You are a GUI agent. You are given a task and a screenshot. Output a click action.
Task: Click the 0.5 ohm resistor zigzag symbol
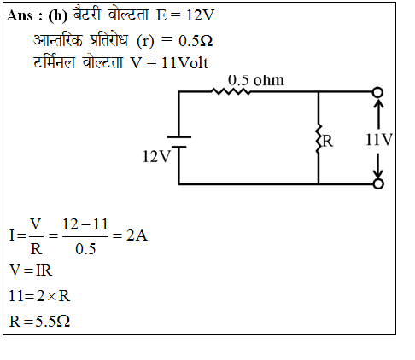[x=231, y=91]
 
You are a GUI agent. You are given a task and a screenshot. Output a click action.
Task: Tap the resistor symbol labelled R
[x=319, y=139]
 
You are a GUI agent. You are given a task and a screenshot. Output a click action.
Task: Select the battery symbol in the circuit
[x=178, y=142]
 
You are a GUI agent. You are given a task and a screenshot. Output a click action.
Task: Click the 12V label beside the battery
[x=156, y=156]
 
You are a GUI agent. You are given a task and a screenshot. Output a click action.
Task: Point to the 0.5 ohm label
[x=256, y=80]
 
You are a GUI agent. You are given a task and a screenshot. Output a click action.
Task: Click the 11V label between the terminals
[x=379, y=140]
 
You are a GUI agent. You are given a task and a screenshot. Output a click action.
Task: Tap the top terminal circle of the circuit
[x=378, y=92]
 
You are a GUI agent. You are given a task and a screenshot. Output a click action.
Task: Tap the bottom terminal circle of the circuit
[x=378, y=183]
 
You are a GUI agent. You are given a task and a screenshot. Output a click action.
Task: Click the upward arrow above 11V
[x=378, y=113]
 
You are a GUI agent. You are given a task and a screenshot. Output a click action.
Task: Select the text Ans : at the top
[x=25, y=15]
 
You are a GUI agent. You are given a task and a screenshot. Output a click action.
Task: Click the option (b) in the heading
[x=58, y=16]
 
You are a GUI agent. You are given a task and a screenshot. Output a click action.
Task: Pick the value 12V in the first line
[x=200, y=15]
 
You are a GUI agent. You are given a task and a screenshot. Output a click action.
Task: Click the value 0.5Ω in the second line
[x=196, y=41]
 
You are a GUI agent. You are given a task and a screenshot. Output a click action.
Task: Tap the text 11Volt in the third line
[x=184, y=63]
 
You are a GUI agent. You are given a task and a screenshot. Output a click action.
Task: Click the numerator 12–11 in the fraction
[x=85, y=224]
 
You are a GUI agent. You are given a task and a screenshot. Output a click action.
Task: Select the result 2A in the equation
[x=137, y=235]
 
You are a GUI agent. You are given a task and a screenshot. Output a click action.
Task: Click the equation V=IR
[x=31, y=270]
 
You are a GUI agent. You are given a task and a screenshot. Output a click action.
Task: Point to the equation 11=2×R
[x=39, y=296]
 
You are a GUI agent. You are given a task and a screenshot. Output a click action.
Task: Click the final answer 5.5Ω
[x=53, y=322]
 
